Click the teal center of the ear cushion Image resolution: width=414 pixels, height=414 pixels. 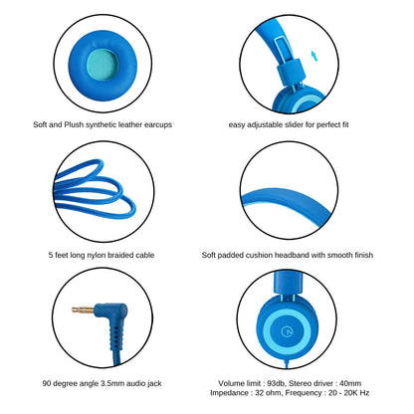(x=103, y=65)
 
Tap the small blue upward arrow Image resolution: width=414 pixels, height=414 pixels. (x=314, y=56)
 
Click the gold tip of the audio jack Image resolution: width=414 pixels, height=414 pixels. (x=83, y=310)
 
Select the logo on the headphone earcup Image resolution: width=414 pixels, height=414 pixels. (x=286, y=330)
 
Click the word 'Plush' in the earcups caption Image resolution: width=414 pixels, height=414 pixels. (x=74, y=124)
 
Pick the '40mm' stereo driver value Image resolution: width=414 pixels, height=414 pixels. (x=350, y=383)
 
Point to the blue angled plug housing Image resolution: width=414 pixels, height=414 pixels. (x=111, y=313)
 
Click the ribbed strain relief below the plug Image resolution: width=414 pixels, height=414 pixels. (x=115, y=338)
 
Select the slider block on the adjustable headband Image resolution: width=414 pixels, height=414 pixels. (x=291, y=72)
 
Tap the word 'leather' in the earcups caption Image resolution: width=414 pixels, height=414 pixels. (x=130, y=124)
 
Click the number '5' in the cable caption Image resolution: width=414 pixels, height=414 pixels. (x=51, y=255)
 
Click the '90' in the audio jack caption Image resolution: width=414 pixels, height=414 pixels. (x=47, y=383)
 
